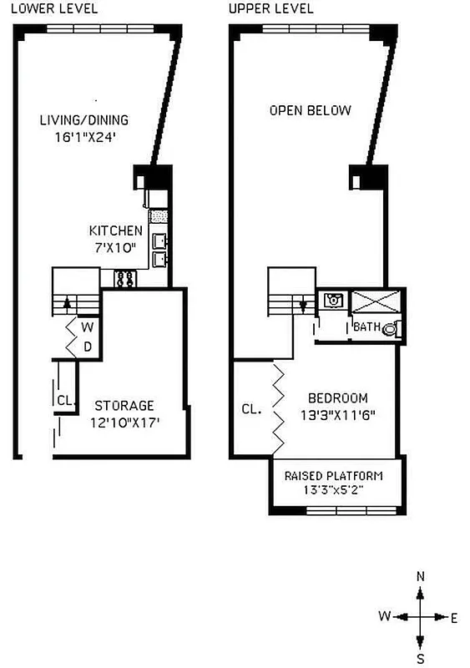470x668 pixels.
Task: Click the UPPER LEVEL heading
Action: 271,9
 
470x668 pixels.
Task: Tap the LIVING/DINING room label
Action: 84,120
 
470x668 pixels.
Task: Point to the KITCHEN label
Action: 116,230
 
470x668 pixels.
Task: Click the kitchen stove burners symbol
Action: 126,279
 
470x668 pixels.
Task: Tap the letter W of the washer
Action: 86,327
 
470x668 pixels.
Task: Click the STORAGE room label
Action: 124,407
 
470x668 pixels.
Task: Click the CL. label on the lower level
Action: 66,400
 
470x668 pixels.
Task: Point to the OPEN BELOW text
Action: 310,110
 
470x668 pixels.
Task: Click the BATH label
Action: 366,326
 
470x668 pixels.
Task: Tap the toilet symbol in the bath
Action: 390,330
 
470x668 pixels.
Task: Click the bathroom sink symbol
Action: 332,300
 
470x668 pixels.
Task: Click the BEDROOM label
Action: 337,398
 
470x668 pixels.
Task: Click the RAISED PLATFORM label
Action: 334,476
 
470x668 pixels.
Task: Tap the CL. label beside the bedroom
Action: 251,409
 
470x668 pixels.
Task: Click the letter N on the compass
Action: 421,576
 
